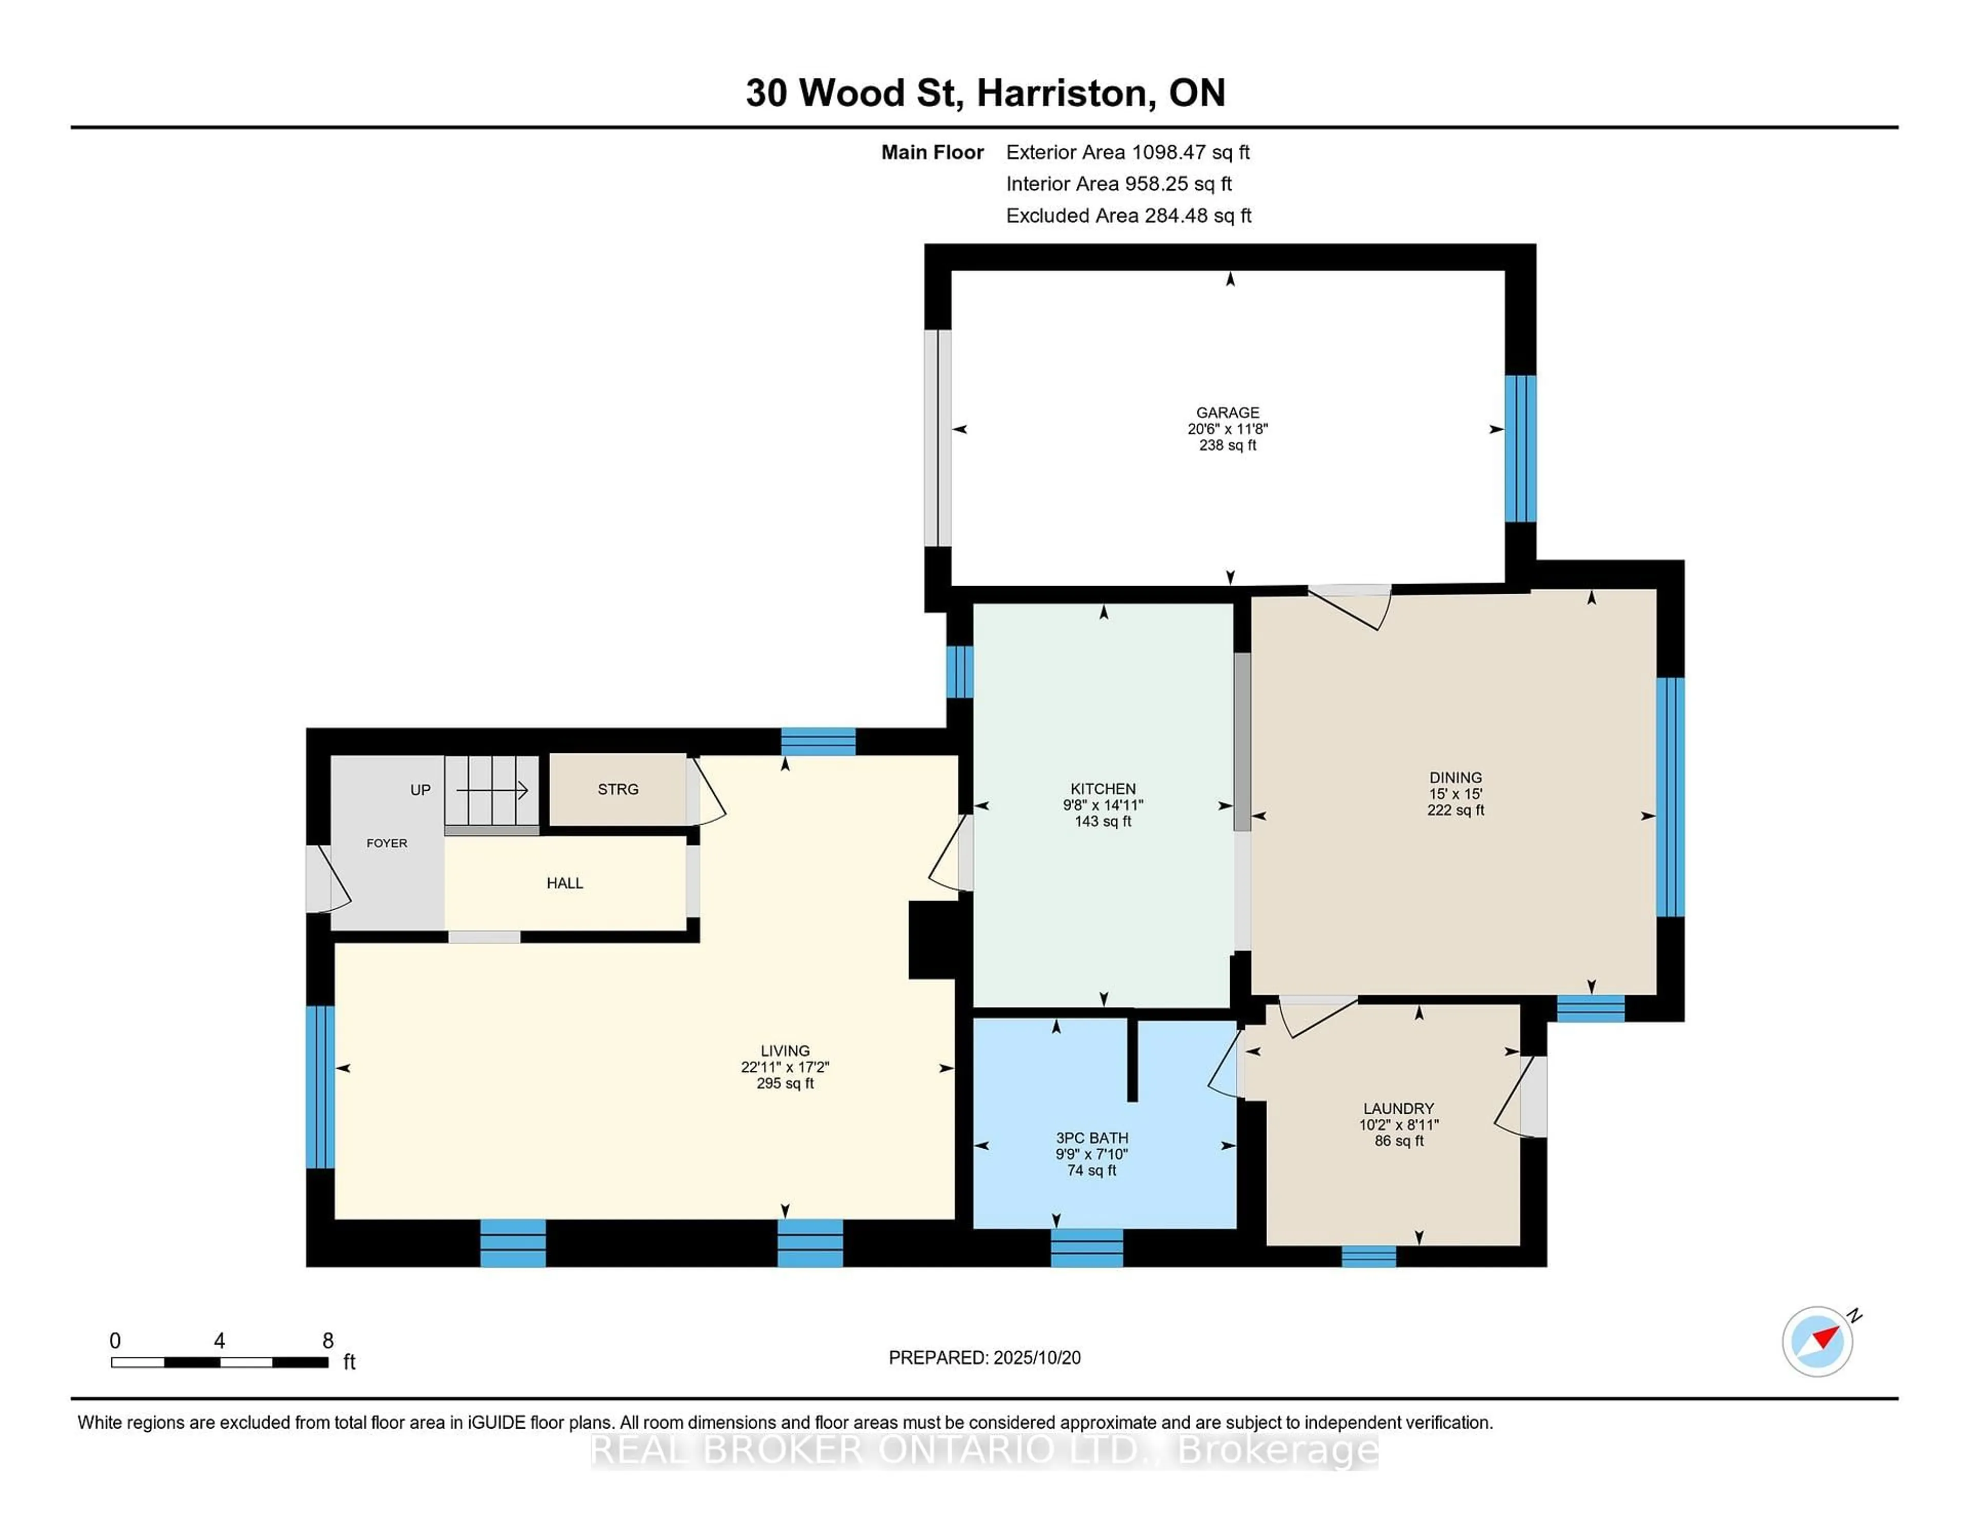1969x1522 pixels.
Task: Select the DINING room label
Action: [x=1455, y=777]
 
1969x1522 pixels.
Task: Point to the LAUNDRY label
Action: [x=1398, y=1108]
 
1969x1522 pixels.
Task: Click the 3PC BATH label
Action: [x=1092, y=1138]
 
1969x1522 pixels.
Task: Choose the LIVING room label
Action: [x=785, y=1050]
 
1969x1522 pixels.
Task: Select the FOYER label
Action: [x=387, y=843]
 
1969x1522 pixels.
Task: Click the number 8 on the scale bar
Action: [x=328, y=1341]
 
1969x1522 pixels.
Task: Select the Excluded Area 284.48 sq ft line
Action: [x=1128, y=215]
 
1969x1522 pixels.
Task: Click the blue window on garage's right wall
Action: [x=1520, y=448]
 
